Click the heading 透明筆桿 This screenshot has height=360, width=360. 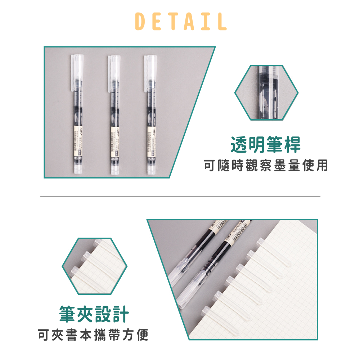[x=266, y=145]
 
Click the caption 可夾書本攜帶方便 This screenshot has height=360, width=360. [x=93, y=335]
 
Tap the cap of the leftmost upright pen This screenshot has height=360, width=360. [x=76, y=72]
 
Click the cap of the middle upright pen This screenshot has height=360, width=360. [x=114, y=72]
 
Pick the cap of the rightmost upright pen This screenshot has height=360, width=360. [x=151, y=72]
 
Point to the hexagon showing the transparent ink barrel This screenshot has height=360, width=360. [x=266, y=93]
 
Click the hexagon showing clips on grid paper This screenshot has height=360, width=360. [x=94, y=266]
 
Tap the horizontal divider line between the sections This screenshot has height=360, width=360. [x=180, y=197]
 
